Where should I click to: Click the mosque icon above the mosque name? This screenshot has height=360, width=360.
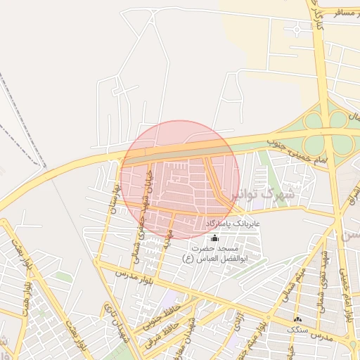click(214, 238)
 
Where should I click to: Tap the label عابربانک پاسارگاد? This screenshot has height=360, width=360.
click(233, 224)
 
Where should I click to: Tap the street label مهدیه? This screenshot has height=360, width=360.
click(167, 239)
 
